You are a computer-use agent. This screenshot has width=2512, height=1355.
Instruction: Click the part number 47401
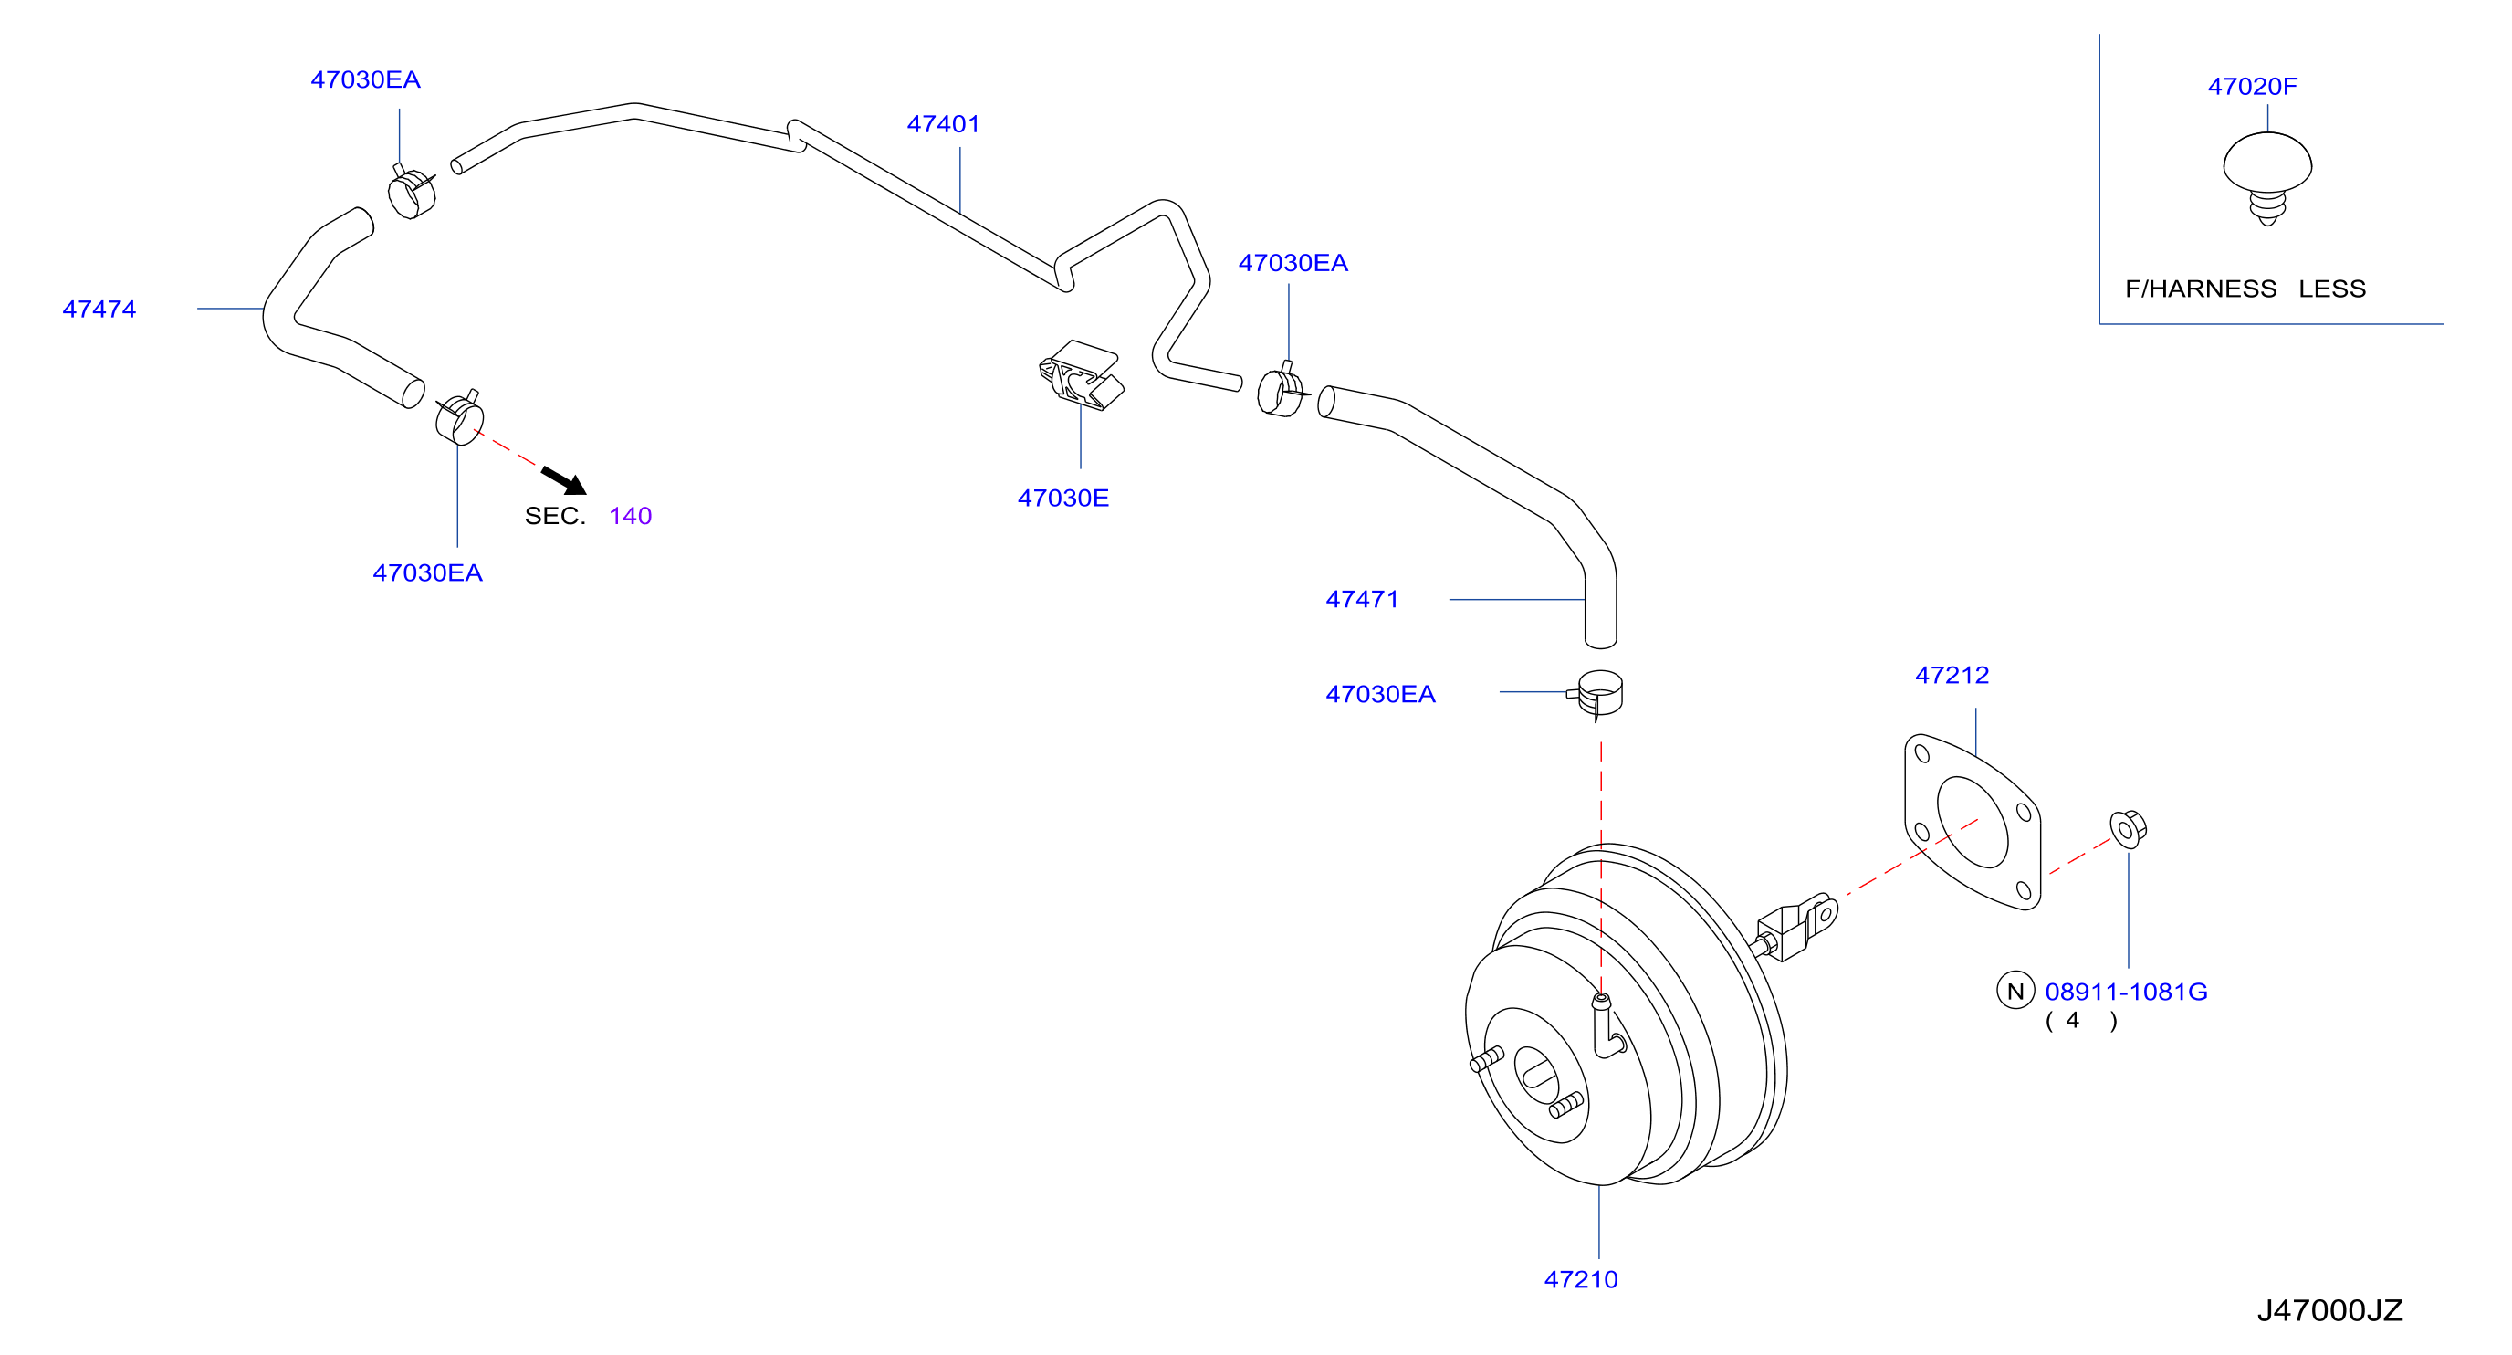[943, 124]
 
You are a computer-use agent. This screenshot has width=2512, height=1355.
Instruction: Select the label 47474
[99, 310]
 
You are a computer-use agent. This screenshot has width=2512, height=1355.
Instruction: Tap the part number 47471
[1361, 599]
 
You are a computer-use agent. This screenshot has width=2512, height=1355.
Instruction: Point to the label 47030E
[1062, 498]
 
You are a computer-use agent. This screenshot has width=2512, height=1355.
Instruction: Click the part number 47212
[1952, 675]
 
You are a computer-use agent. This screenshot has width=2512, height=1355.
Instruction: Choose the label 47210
[1581, 1279]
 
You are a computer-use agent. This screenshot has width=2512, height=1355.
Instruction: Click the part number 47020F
[2252, 86]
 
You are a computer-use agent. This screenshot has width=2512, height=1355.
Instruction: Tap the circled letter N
[2015, 991]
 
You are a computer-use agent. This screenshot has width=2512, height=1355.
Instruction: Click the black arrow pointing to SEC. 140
[565, 481]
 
